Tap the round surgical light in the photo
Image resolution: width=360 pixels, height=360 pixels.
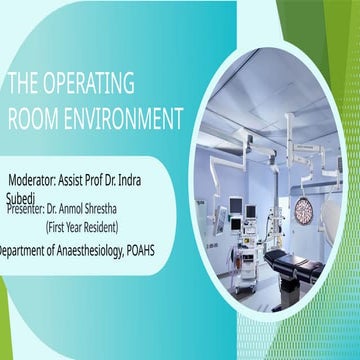(304, 210)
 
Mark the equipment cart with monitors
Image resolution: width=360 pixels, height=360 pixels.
(245, 255)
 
